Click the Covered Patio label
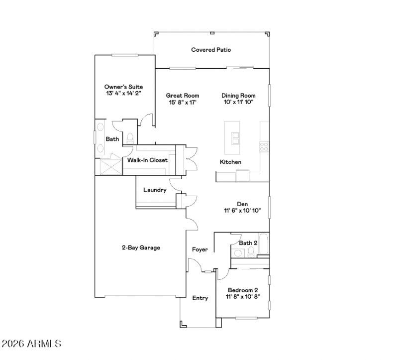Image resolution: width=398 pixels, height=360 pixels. (211, 50)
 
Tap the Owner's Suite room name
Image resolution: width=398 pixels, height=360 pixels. (120, 87)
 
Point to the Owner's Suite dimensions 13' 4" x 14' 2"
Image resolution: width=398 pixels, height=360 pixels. (120, 93)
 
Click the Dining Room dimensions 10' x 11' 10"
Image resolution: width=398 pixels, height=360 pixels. (238, 103)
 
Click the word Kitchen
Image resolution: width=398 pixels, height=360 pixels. (231, 162)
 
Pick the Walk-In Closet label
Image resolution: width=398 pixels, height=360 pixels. (147, 160)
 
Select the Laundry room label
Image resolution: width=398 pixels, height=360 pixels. (154, 190)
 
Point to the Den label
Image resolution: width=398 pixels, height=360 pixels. (242, 204)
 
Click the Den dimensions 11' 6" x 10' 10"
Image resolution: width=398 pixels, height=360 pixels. (242, 211)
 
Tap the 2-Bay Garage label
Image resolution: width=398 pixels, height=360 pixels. (141, 247)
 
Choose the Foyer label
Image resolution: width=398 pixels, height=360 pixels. (200, 249)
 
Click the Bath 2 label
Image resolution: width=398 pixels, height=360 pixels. (248, 243)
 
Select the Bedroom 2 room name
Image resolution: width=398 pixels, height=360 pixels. (243, 290)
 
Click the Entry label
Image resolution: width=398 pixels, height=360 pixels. (200, 298)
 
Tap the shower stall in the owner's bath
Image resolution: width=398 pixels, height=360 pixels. (109, 165)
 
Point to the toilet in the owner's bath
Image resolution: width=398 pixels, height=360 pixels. (130, 138)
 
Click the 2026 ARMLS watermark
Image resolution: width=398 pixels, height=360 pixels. (32, 344)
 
